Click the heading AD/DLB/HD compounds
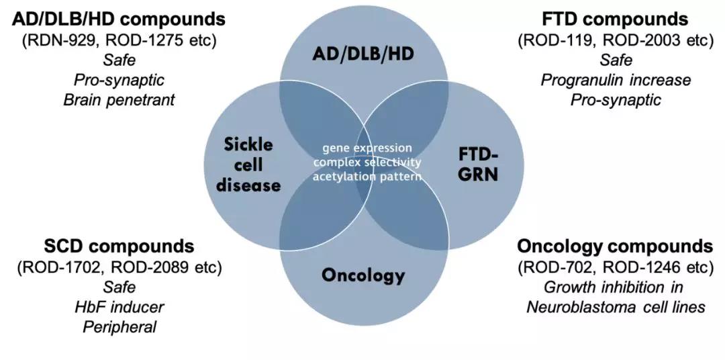click(x=119, y=19)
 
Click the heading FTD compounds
click(x=616, y=19)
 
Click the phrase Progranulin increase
click(x=616, y=80)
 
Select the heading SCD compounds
click(x=119, y=246)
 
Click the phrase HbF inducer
click(x=119, y=307)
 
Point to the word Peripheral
click(x=119, y=327)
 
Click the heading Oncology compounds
click(x=616, y=246)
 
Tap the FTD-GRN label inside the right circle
click(x=479, y=164)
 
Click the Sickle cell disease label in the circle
click(x=250, y=165)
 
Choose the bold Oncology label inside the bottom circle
click(x=363, y=275)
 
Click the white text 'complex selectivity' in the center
click(x=368, y=163)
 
